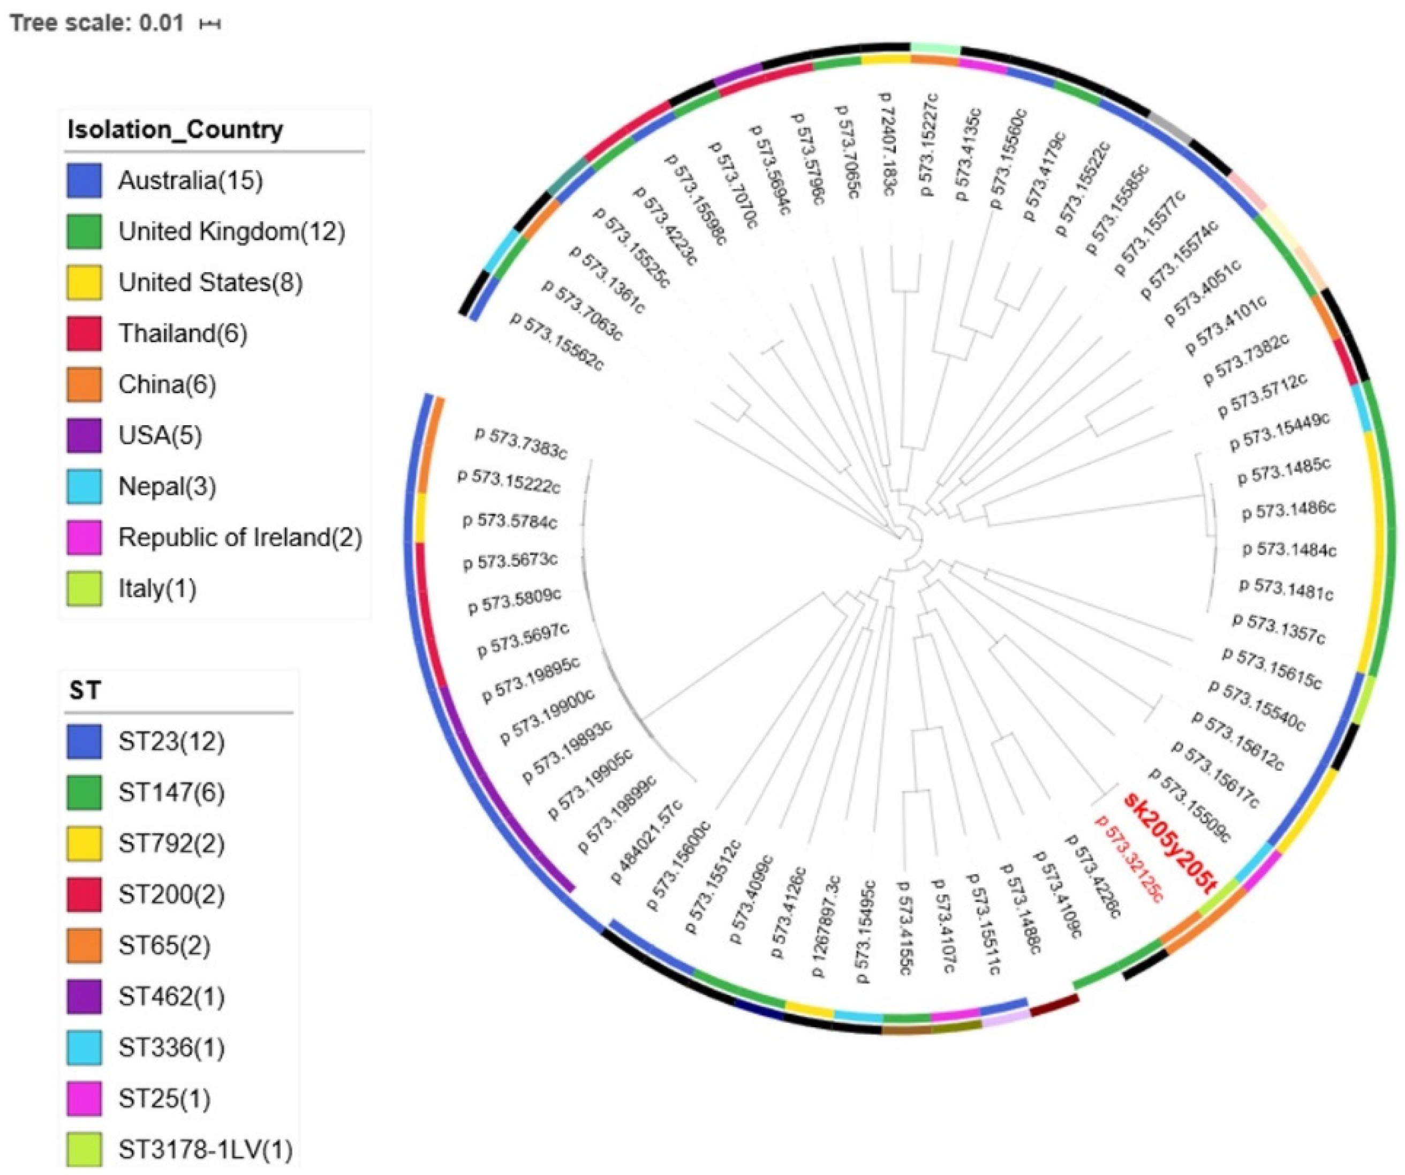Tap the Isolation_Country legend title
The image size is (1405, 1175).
(x=175, y=129)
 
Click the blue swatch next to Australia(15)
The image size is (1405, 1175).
(x=84, y=180)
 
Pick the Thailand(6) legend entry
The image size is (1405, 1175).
(x=182, y=333)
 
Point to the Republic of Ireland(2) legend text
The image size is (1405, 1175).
(x=239, y=537)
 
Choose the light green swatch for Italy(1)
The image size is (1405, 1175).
(x=84, y=589)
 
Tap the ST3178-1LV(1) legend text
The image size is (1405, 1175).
(x=206, y=1150)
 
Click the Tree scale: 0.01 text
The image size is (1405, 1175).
(x=96, y=24)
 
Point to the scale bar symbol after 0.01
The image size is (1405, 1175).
(x=210, y=24)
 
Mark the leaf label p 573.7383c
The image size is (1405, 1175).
(x=520, y=443)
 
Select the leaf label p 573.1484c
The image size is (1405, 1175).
(x=1289, y=550)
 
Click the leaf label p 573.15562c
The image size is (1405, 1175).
(x=557, y=341)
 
